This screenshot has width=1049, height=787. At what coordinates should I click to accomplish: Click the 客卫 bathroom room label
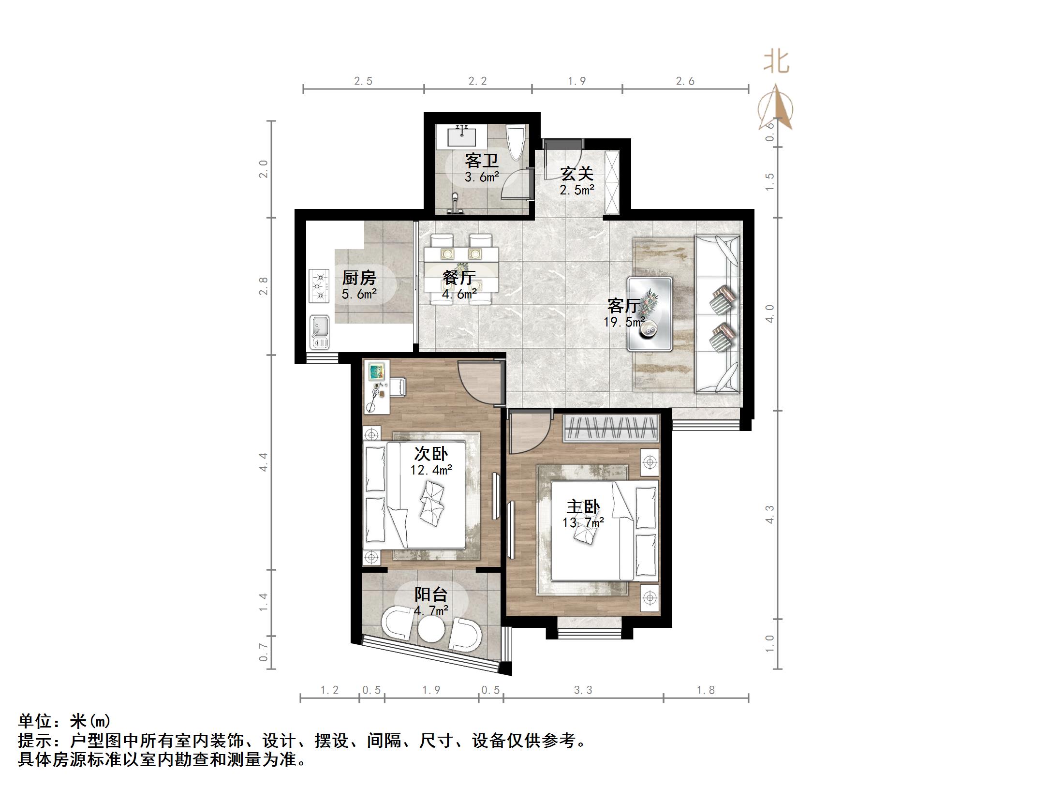[481, 161]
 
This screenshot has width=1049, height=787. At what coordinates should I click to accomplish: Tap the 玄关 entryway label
[576, 174]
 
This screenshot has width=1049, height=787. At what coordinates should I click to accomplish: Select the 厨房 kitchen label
[358, 278]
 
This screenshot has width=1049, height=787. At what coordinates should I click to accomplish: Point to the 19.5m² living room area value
[624, 322]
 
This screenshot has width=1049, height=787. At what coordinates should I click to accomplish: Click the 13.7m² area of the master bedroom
[583, 522]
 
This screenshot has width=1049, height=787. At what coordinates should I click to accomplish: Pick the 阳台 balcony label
[431, 594]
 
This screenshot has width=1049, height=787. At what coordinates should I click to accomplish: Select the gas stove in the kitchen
[319, 286]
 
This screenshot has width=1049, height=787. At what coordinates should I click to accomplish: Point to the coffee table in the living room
[650, 314]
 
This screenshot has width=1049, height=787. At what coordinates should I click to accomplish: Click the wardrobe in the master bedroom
[611, 428]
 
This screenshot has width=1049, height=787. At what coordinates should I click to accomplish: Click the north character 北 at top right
[776, 62]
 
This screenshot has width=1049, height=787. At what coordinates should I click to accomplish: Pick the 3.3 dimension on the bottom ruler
[583, 690]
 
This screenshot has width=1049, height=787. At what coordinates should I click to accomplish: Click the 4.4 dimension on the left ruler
[264, 462]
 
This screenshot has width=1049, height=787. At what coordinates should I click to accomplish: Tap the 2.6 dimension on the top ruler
[685, 81]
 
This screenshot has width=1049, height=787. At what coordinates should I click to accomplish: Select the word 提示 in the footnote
[35, 740]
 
